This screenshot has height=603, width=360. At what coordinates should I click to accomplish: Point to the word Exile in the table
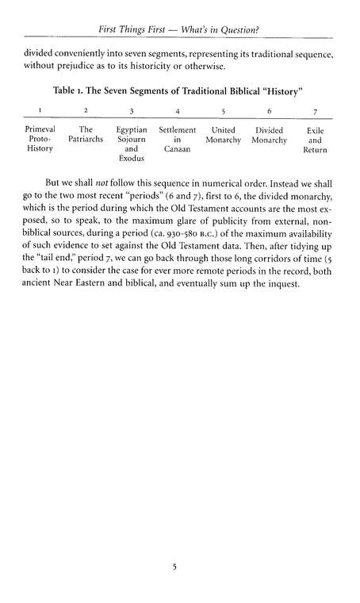coord(315,129)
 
